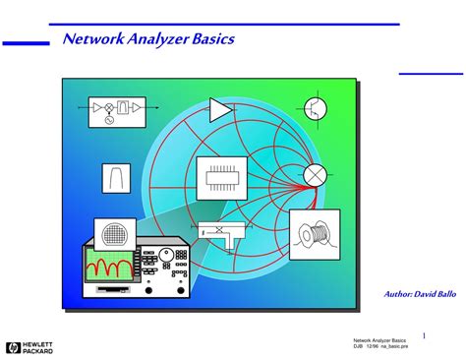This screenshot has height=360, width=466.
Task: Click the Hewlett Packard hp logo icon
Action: coord(13,346)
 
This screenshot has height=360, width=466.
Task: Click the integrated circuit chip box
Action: coord(221,178)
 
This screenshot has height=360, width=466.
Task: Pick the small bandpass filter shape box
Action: coord(116,177)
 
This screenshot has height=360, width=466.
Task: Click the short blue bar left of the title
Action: coord(26,42)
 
